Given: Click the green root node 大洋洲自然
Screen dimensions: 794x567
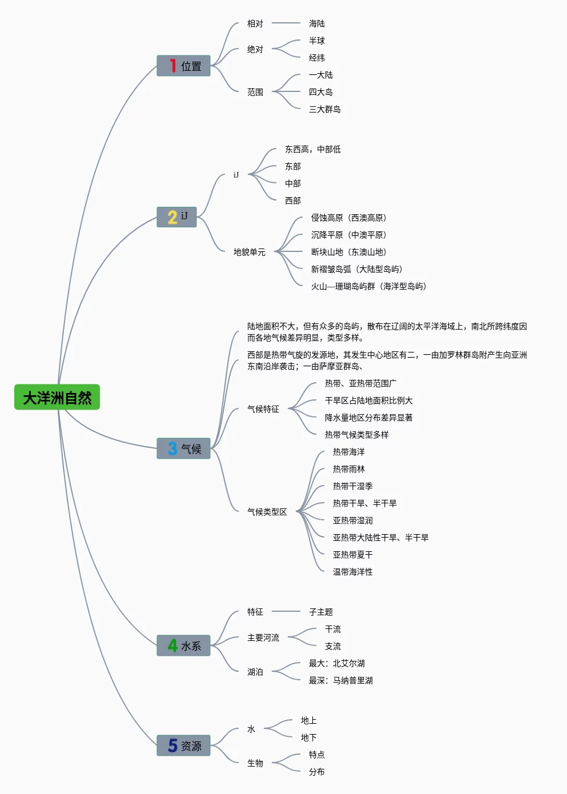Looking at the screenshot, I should point(57,397).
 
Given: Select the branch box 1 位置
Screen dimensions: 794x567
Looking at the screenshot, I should point(183,66).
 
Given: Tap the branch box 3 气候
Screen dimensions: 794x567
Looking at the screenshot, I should point(183,448).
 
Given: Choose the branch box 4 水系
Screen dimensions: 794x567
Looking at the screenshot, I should point(183,645).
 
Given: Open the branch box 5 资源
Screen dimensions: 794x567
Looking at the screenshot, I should point(183,745).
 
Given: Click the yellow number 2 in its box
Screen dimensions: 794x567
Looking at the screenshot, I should point(172,217).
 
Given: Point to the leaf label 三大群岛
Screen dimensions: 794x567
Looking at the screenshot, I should point(324,109).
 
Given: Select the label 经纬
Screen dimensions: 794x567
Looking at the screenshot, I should point(316,58).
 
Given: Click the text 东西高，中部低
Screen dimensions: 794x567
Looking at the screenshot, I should point(312,149).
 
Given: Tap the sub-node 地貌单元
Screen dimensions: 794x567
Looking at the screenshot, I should point(249,252).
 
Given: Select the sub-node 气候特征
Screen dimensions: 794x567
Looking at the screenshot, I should point(263,409).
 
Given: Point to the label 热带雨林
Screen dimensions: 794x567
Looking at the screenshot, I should point(348,469).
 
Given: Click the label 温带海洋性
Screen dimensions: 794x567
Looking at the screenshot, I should point(352,572).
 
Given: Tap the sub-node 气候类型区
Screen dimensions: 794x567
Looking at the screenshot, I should point(267,512).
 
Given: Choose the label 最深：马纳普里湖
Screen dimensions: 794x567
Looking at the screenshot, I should point(340,680).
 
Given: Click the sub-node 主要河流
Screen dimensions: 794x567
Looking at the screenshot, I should point(263,637).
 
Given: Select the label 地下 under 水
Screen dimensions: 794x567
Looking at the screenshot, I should point(308,737).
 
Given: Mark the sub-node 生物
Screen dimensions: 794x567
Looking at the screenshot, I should point(255,763).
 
